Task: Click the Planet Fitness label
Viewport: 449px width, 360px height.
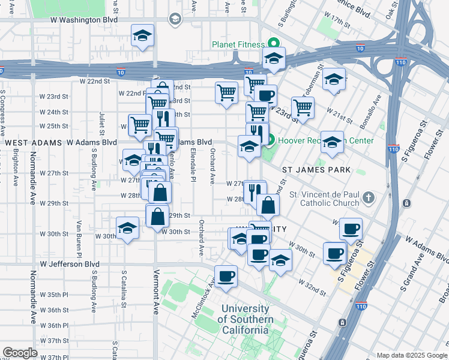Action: (237, 45)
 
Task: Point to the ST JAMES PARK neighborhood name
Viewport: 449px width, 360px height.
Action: (316, 170)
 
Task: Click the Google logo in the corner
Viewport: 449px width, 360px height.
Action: (20, 353)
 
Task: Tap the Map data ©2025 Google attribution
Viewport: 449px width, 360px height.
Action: (411, 355)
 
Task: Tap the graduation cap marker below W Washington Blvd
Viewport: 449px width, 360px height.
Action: (142, 35)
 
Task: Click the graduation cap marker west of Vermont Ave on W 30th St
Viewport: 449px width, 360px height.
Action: (127, 228)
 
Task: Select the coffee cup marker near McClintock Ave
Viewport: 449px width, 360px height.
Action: (226, 276)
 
